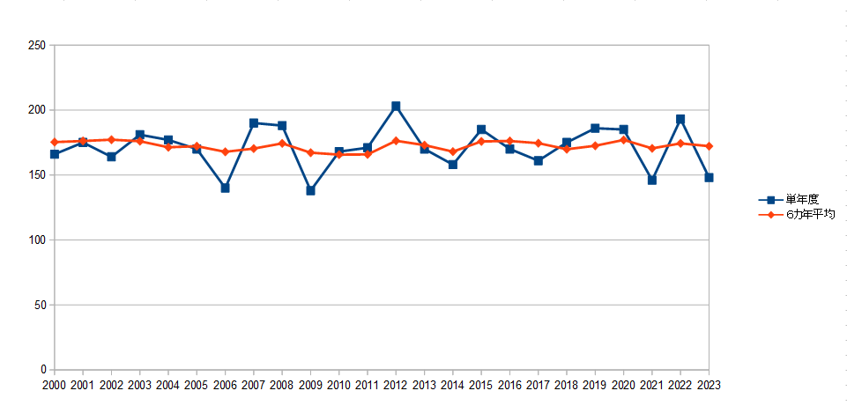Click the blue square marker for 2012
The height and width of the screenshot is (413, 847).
pyautogui.click(x=396, y=107)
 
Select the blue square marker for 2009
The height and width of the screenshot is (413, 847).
pyautogui.click(x=310, y=190)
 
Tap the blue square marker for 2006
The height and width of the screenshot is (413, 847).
pyautogui.click(x=226, y=188)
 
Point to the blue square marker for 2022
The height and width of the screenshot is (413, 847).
pyautogui.click(x=680, y=119)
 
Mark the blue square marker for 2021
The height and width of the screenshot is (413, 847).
pyautogui.click(x=652, y=181)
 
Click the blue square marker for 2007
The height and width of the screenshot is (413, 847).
pyautogui.click(x=254, y=123)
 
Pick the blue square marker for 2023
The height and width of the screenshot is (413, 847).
pyautogui.click(x=709, y=178)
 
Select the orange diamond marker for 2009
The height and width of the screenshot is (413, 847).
pyautogui.click(x=310, y=152)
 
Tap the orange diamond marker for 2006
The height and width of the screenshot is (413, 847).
pyautogui.click(x=226, y=151)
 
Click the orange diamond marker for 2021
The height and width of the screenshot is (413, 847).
pyautogui.click(x=652, y=149)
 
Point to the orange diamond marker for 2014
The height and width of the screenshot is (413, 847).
pyautogui.click(x=453, y=151)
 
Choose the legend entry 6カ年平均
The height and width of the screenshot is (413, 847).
pyautogui.click(x=798, y=215)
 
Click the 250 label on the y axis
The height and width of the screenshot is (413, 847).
pyautogui.click(x=36, y=45)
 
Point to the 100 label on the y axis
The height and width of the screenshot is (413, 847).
pyautogui.click(x=36, y=240)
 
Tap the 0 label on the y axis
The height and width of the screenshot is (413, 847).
pyautogui.click(x=43, y=370)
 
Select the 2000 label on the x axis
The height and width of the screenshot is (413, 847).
pyautogui.click(x=54, y=385)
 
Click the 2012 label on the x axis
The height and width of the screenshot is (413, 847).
pyautogui.click(x=396, y=385)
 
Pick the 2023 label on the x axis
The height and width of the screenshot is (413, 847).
pyautogui.click(x=710, y=385)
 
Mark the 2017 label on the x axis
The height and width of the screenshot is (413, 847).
pyautogui.click(x=539, y=385)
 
